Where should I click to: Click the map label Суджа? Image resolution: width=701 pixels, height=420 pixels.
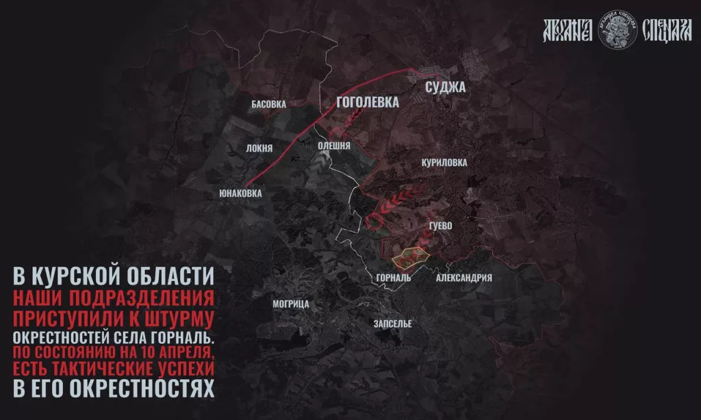coord(445,88)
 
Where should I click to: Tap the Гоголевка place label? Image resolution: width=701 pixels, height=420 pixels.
coord(368,102)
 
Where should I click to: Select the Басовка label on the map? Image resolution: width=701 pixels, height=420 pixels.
coord(268,105)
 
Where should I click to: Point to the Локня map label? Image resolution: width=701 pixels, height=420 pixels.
coord(259,148)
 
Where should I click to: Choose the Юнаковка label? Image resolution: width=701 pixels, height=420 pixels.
coord(240,194)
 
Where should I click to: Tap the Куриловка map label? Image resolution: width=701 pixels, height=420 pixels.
coord(445,163)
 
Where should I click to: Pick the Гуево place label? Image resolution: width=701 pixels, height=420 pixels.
coord(440,226)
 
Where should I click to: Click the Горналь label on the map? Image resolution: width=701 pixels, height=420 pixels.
coord(393,278)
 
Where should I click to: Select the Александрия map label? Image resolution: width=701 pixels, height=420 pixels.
coord(464,278)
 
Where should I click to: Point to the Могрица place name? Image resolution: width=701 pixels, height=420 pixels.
coord(291,304)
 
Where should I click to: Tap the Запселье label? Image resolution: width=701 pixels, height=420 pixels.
coord(392,324)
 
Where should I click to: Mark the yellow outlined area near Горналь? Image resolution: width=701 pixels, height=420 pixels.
coord(411,257)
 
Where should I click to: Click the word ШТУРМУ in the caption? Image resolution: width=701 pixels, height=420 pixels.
coord(179,319)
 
